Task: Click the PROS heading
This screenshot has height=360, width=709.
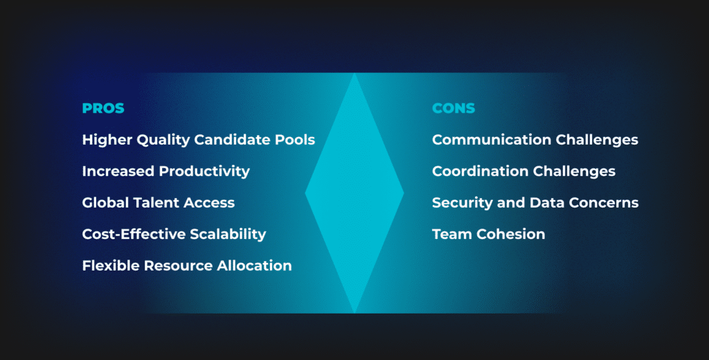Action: [x=103, y=108]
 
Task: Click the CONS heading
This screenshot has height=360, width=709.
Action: [x=454, y=108]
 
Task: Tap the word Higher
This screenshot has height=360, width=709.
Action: [x=105, y=140]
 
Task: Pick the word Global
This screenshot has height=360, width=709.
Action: [x=105, y=203]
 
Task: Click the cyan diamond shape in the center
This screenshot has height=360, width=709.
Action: [x=354, y=194]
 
